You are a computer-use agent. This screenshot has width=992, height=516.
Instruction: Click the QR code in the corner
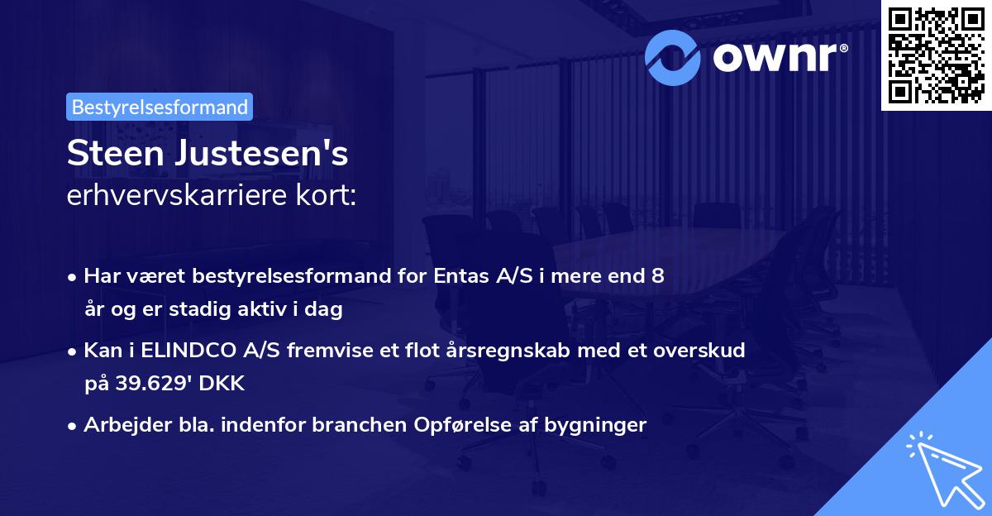click(x=936, y=55)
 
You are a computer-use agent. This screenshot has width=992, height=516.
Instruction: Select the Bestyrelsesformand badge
click(x=160, y=107)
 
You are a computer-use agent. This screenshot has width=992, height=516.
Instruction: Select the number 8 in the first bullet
click(x=658, y=276)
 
